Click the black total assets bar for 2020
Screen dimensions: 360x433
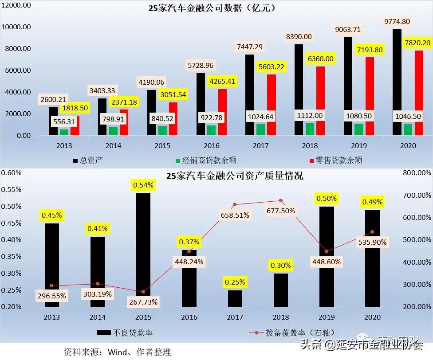397,82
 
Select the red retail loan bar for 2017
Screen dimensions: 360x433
271,105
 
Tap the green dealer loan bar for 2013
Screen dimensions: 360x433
64,132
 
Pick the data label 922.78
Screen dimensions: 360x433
211,118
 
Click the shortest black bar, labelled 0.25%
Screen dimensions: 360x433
235,298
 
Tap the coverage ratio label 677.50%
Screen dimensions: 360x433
280,211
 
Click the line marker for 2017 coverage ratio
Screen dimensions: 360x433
235,204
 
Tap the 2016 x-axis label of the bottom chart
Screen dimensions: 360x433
189,317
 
